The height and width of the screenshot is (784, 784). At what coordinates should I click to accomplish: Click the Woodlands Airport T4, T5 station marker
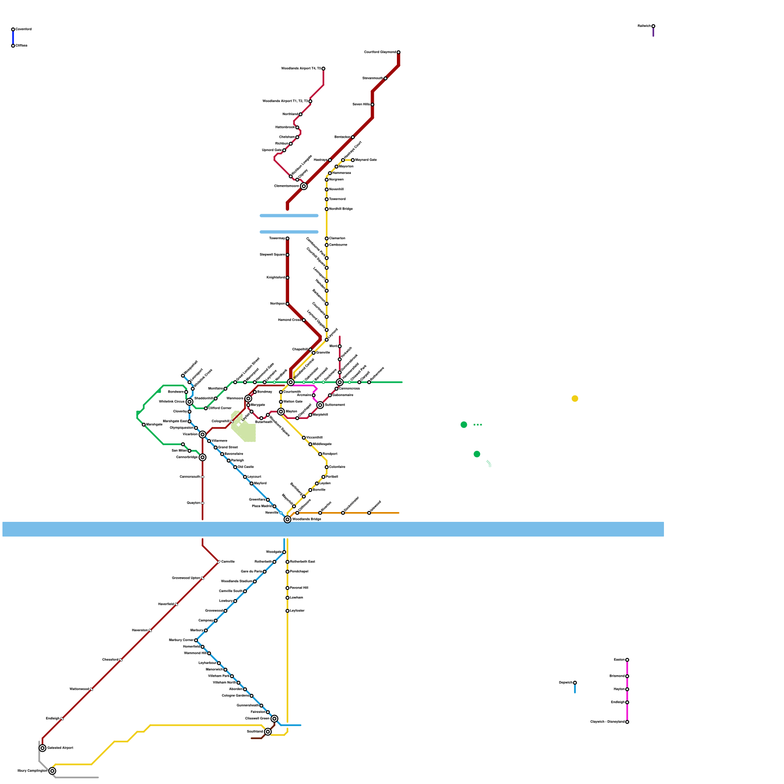click(323, 69)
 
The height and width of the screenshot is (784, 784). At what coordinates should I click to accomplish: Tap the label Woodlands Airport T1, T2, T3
click(285, 101)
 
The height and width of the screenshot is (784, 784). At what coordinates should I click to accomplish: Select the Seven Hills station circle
click(372, 104)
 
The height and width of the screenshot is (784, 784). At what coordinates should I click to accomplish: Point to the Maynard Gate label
click(366, 160)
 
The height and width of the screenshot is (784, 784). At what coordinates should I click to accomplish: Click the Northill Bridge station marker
click(327, 209)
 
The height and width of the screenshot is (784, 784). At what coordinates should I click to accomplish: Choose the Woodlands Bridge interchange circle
click(288, 519)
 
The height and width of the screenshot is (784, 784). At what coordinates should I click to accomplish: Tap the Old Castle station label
click(246, 467)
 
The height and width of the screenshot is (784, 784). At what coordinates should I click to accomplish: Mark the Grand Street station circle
click(216, 447)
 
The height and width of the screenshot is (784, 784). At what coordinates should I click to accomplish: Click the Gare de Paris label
click(251, 572)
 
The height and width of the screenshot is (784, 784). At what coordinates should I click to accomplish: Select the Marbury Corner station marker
click(196, 640)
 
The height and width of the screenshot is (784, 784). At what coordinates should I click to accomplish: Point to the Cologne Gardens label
click(235, 696)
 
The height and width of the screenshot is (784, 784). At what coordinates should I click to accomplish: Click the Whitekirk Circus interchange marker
click(190, 402)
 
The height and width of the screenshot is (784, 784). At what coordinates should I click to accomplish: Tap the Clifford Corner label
click(220, 408)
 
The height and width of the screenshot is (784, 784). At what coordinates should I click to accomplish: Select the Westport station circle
click(320, 454)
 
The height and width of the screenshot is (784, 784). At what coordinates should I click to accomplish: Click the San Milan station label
click(179, 451)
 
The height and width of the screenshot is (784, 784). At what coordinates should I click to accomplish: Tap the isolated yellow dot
click(575, 398)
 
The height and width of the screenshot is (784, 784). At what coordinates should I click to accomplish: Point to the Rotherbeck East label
click(302, 562)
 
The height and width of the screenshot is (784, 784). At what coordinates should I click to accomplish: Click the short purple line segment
click(653, 32)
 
